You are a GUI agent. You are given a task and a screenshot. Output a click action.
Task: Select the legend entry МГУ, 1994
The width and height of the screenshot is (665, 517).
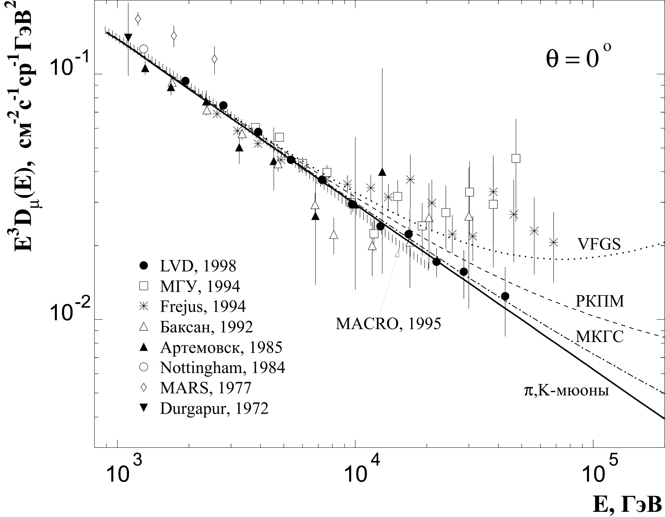point(200,286)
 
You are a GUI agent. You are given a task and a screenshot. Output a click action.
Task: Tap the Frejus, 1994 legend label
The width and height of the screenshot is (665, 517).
point(203,306)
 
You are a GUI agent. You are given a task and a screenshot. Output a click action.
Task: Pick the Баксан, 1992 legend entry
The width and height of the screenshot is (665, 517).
point(206,327)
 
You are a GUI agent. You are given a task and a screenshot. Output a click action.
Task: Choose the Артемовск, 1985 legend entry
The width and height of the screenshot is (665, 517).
point(221,347)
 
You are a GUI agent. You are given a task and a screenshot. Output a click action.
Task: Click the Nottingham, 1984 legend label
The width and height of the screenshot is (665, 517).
point(222,368)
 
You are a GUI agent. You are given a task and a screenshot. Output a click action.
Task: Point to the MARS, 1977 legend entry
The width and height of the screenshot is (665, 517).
point(206,388)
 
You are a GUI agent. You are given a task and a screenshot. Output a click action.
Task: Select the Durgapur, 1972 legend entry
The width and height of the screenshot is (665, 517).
point(214,409)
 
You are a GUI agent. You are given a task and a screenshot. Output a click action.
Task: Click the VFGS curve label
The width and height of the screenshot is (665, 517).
point(598,244)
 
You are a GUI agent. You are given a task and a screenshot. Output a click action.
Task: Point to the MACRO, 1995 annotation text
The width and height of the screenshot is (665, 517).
point(388,324)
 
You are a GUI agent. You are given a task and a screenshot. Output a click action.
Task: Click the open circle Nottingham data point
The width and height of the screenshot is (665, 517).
point(144,49)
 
